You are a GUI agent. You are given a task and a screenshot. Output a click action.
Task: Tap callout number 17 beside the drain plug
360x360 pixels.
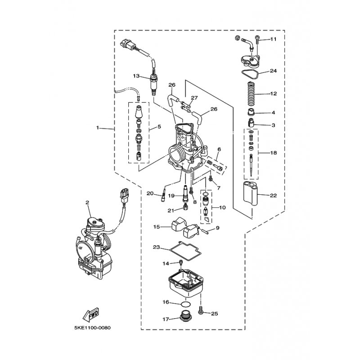(x=166, y=319)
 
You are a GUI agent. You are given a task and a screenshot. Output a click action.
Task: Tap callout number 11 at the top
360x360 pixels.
(x=273, y=40)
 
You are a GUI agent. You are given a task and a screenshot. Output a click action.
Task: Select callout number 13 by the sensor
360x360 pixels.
(x=136, y=76)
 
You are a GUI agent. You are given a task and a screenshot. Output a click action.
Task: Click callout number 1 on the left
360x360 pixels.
(x=97, y=128)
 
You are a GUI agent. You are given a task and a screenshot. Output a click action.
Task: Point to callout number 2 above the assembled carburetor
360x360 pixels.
(x=88, y=203)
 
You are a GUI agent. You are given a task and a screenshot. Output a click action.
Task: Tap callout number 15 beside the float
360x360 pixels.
(x=156, y=227)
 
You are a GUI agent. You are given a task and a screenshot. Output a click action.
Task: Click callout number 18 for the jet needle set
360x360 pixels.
(x=273, y=153)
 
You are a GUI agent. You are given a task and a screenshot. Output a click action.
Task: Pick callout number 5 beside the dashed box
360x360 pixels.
(x=158, y=128)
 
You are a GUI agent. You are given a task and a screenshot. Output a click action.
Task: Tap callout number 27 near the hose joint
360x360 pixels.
(x=194, y=98)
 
